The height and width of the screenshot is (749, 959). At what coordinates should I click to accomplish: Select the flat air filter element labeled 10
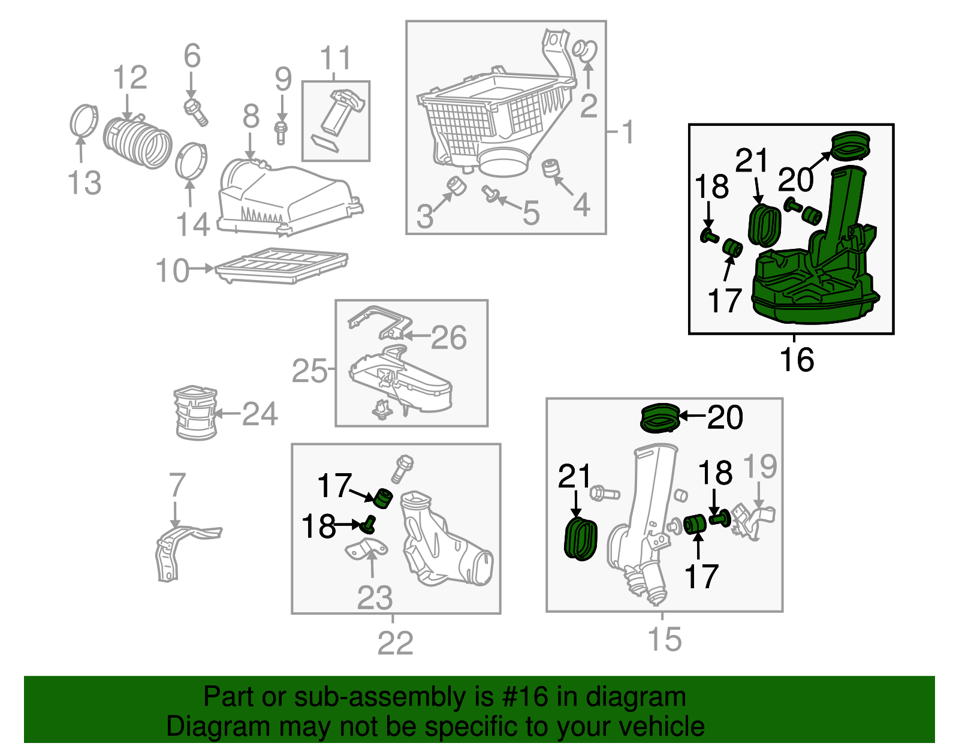pyautogui.click(x=282, y=266)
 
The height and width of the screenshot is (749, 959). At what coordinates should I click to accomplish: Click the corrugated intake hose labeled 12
pyautogui.click(x=137, y=142)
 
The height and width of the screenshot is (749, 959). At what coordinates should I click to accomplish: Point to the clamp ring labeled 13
pyautogui.click(x=84, y=121)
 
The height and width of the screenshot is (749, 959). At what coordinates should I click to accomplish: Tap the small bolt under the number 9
pyautogui.click(x=281, y=133)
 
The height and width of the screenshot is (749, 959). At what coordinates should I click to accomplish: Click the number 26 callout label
pyautogui.click(x=448, y=337)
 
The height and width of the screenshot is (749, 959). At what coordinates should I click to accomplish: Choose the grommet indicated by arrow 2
pyautogui.click(x=585, y=51)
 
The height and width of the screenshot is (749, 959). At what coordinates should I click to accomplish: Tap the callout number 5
pyautogui.click(x=531, y=213)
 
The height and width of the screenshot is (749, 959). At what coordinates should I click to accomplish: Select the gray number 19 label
pyautogui.click(x=759, y=466)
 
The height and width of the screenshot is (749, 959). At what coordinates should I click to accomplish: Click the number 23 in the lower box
pyautogui.click(x=374, y=598)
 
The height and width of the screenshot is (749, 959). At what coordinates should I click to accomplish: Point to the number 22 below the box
pyautogui.click(x=396, y=643)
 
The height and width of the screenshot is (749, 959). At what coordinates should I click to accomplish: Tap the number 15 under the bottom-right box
pyautogui.click(x=665, y=639)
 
